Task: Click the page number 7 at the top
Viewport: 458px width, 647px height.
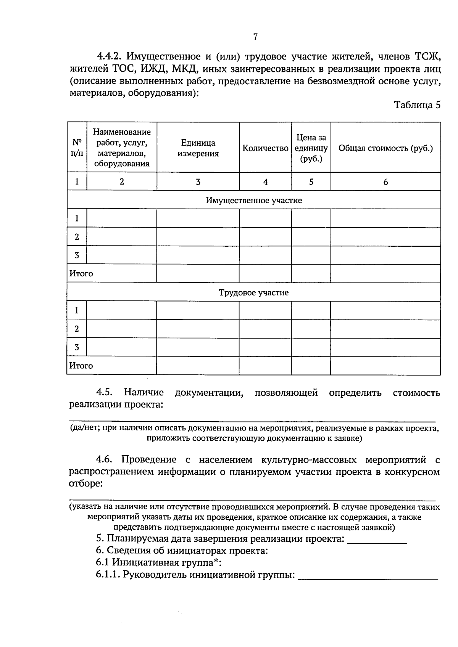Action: [x=255, y=37]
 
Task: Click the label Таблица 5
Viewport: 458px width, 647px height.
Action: [x=417, y=105]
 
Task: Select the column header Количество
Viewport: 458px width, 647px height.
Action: [x=265, y=148]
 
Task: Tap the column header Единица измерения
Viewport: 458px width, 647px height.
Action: [x=198, y=148]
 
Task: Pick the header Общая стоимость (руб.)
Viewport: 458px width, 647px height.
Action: [x=385, y=148]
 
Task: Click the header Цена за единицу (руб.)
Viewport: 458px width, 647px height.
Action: [x=311, y=148]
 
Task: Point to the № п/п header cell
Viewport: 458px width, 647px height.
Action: [x=77, y=148]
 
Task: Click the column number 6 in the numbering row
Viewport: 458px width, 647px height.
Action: [x=385, y=182]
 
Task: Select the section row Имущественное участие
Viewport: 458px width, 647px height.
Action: [x=254, y=201]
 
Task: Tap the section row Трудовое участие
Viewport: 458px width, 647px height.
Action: [x=254, y=293]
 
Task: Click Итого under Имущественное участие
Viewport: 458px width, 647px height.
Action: [x=81, y=274]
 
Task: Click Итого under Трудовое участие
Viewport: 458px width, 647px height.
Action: [x=81, y=366]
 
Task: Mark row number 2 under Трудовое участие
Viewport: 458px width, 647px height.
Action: [x=77, y=329]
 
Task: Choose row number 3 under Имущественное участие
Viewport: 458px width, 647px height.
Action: [x=77, y=255]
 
